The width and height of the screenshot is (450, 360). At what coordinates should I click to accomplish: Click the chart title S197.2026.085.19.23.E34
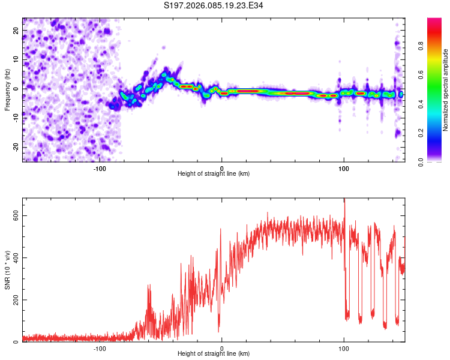[x=213, y=5]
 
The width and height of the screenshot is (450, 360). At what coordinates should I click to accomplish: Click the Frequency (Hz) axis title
[x=7, y=90]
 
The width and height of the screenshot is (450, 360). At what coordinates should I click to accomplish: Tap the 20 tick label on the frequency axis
[x=16, y=30]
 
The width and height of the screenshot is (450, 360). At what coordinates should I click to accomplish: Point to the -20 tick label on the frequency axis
[x=16, y=148]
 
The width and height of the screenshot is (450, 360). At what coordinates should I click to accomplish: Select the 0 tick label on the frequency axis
[x=16, y=89]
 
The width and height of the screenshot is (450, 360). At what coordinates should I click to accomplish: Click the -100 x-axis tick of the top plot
[x=100, y=169]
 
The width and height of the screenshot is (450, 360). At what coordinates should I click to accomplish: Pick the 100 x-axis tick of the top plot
[x=344, y=169]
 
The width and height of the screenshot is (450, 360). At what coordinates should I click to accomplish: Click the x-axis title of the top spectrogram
[x=214, y=173]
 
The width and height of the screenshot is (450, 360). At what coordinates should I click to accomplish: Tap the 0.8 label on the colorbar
[x=421, y=46]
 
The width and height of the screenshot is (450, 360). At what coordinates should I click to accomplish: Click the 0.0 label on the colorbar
[x=421, y=162]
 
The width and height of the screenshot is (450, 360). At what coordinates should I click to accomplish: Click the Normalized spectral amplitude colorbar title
[x=445, y=90]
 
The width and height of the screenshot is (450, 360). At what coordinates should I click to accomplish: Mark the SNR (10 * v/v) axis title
[x=7, y=270]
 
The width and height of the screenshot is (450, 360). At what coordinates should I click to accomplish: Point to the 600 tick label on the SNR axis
[x=16, y=215]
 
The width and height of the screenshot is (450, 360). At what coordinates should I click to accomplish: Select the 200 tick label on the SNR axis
[x=16, y=300]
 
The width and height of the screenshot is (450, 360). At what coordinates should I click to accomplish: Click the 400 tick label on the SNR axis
[x=16, y=258]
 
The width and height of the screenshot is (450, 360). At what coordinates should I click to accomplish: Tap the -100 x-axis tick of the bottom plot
[x=100, y=349]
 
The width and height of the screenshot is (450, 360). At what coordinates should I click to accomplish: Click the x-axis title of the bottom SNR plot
[x=214, y=353]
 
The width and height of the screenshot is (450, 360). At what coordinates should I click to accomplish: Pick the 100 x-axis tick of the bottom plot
[x=344, y=349]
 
